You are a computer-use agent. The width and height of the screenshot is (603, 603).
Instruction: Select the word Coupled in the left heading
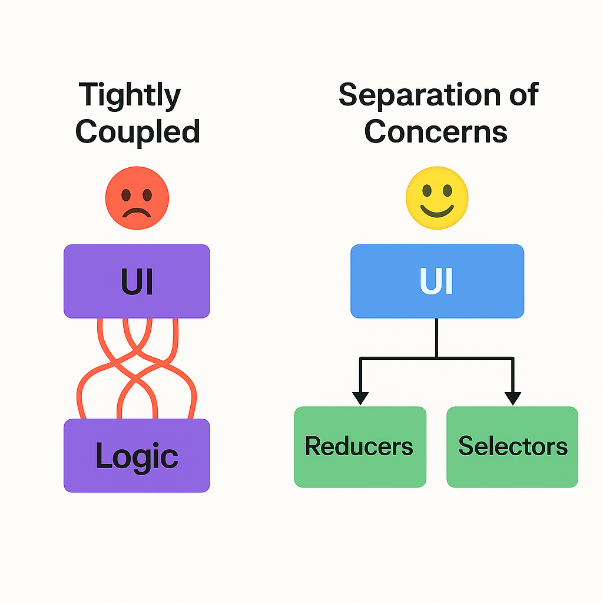[138, 131]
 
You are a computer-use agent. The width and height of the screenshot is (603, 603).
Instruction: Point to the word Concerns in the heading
[436, 131]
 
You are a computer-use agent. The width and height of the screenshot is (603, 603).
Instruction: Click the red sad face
[137, 198]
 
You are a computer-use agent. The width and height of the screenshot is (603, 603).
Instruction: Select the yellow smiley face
[437, 198]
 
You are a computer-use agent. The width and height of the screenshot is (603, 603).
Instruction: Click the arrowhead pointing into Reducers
[360, 398]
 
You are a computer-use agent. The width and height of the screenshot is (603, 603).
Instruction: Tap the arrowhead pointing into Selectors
[513, 398]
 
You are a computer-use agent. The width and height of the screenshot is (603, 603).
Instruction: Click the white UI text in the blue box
[436, 281]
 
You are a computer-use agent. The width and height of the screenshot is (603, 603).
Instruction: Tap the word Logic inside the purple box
[137, 457]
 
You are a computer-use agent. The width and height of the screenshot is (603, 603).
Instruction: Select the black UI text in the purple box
[137, 281]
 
